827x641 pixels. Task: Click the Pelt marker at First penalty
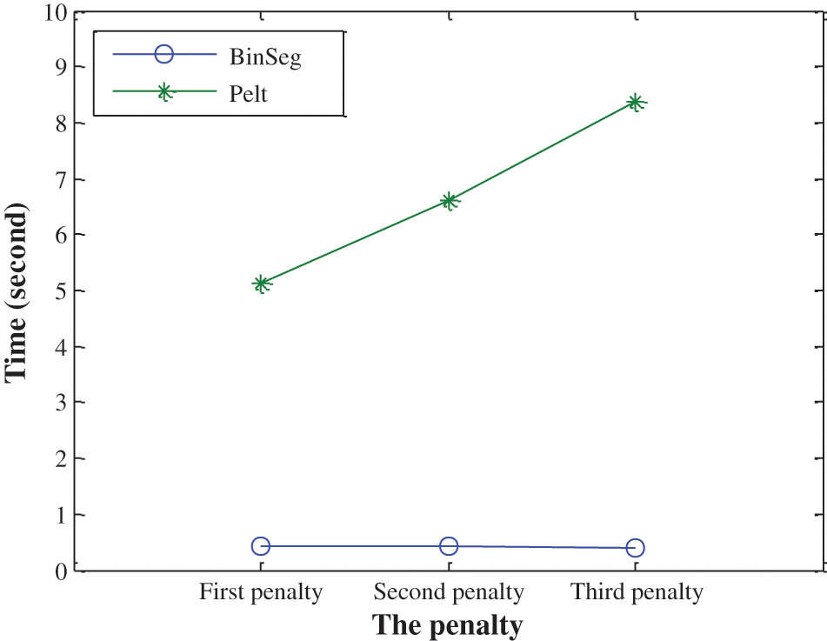pos(261,284)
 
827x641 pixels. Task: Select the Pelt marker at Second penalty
pos(449,202)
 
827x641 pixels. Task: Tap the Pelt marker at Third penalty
pos(636,103)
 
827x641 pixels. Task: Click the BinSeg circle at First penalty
pos(261,546)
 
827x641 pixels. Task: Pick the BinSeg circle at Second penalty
pos(449,546)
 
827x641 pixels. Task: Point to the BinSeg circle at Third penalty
pos(636,548)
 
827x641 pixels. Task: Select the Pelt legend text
pos(249,93)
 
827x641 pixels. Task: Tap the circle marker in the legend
pos(163,54)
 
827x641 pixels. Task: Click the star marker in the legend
pos(163,92)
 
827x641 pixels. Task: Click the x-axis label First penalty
pos(261,593)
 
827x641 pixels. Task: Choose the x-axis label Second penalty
pos(449,593)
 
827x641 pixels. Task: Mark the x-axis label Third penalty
pos(637,593)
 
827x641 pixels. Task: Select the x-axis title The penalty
pos(448,624)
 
